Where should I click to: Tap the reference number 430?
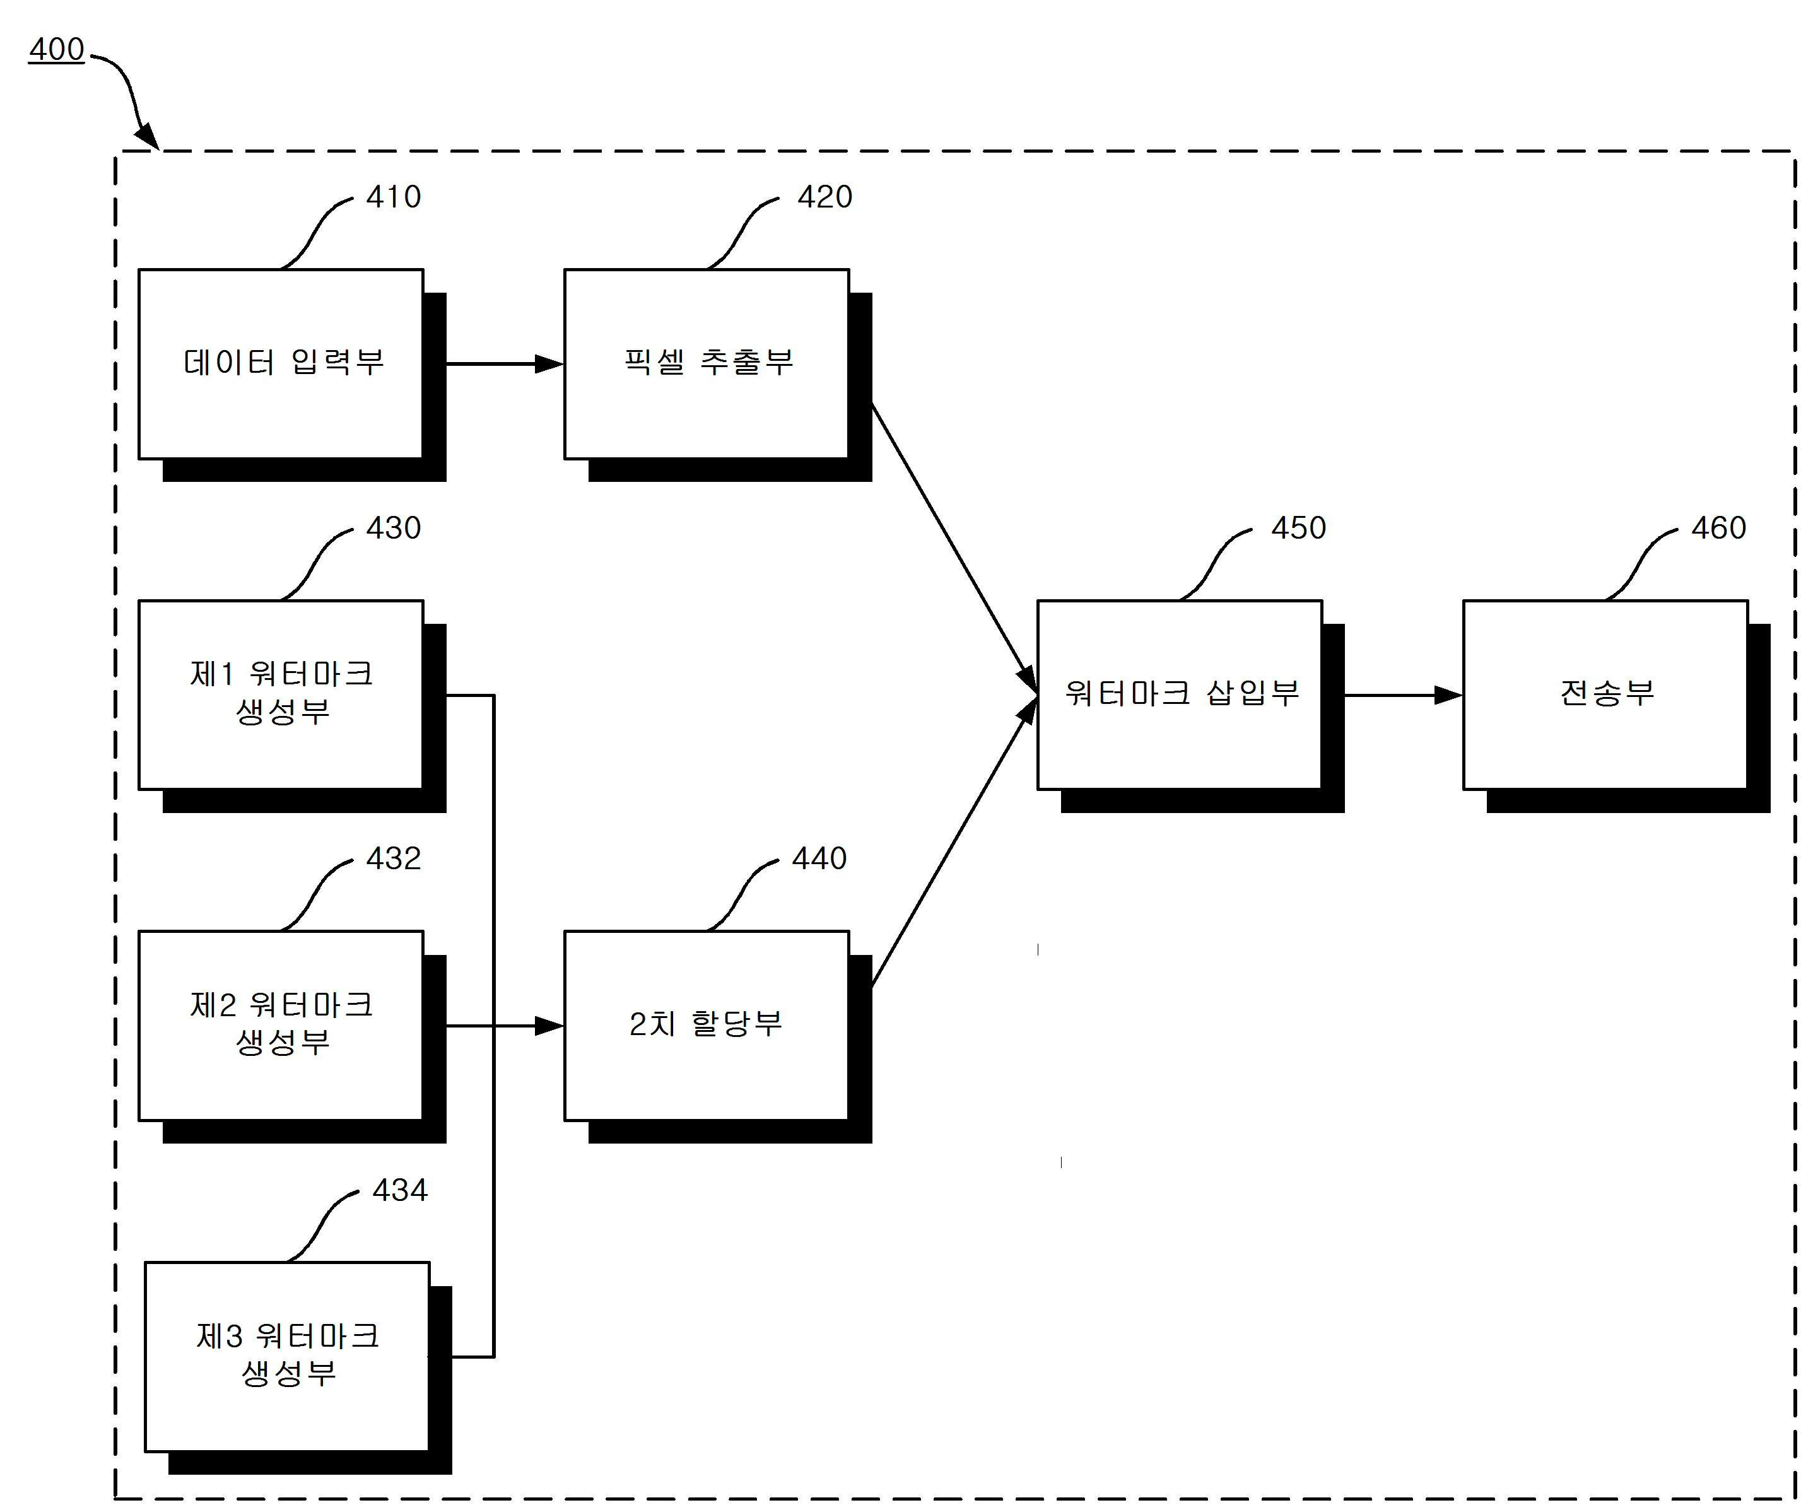pyautogui.click(x=394, y=527)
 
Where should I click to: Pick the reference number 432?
pyautogui.click(x=394, y=858)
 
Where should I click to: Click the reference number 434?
pyautogui.click(x=400, y=1190)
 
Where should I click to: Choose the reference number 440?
pyautogui.click(x=819, y=858)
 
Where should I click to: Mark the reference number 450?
pyautogui.click(x=1298, y=527)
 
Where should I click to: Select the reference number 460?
pyautogui.click(x=1718, y=527)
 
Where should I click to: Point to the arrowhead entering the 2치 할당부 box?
pyautogui.click(x=549, y=1026)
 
